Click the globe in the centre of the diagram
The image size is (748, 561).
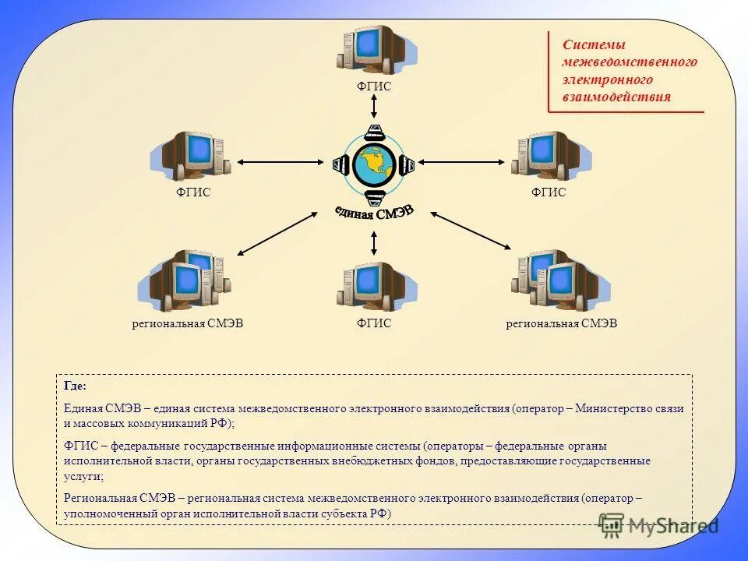click(374, 164)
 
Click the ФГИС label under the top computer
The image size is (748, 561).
click(374, 87)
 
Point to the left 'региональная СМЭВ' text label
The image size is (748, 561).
click(188, 323)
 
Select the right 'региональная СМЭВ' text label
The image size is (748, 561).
click(561, 323)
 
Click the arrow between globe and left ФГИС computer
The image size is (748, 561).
click(279, 162)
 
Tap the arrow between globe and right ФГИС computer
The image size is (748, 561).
click(461, 162)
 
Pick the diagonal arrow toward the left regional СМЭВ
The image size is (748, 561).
click(277, 233)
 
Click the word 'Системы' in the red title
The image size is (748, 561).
click(583, 45)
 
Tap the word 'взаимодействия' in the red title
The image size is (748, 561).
click(616, 97)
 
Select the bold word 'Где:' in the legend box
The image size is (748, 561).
click(76, 386)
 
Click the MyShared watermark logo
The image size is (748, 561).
click(658, 527)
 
